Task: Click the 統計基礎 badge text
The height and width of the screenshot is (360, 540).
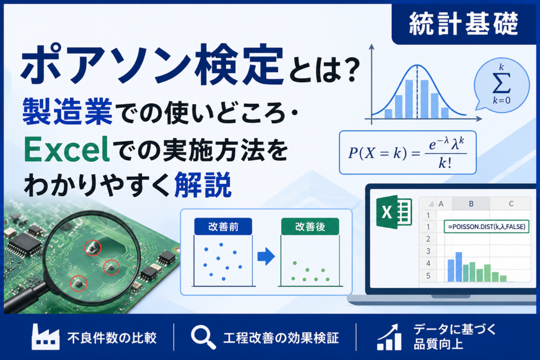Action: coord(464,23)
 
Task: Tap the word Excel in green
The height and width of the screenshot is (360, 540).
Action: coord(66,150)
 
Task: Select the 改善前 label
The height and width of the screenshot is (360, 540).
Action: coord(223,227)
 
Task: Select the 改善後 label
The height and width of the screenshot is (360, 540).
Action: coord(310,227)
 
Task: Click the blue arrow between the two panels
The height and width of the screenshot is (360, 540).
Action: coord(266,256)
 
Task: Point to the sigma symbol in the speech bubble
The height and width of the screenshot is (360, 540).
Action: coord(502,83)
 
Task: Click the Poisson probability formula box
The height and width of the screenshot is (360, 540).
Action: coord(408,152)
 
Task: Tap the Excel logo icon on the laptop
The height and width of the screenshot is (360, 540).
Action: coord(394,212)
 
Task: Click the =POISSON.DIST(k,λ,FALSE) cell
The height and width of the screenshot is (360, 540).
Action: coord(487,227)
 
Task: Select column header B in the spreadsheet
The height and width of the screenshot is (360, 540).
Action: coord(471,204)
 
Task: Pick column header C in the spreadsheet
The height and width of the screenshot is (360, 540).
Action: coord(511,204)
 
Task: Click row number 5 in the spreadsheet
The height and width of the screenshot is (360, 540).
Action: coord(428,276)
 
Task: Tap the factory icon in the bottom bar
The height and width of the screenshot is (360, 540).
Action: coord(45,337)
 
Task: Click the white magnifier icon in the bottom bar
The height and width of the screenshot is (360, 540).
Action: coord(203,338)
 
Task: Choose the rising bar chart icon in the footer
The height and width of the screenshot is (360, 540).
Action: coord(389,337)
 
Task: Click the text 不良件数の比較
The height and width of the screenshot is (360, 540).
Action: coord(112,338)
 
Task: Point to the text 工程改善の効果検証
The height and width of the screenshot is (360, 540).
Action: coord(281,338)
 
